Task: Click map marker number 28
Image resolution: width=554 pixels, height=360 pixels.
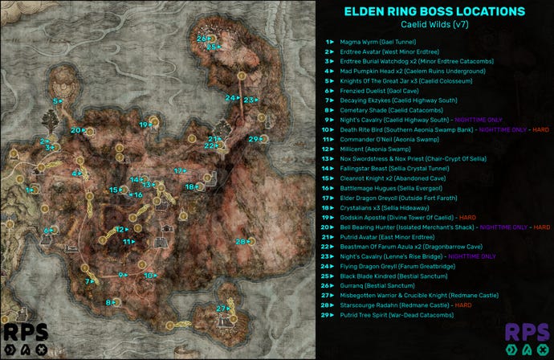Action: pos(240,242)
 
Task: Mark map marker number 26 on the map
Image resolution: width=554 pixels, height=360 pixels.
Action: pos(202,39)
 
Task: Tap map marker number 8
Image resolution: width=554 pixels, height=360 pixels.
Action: pos(108,302)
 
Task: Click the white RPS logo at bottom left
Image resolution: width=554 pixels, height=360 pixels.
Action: pos(24,338)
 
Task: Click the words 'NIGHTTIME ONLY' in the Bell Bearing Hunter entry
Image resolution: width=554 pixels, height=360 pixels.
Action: pos(489,227)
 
